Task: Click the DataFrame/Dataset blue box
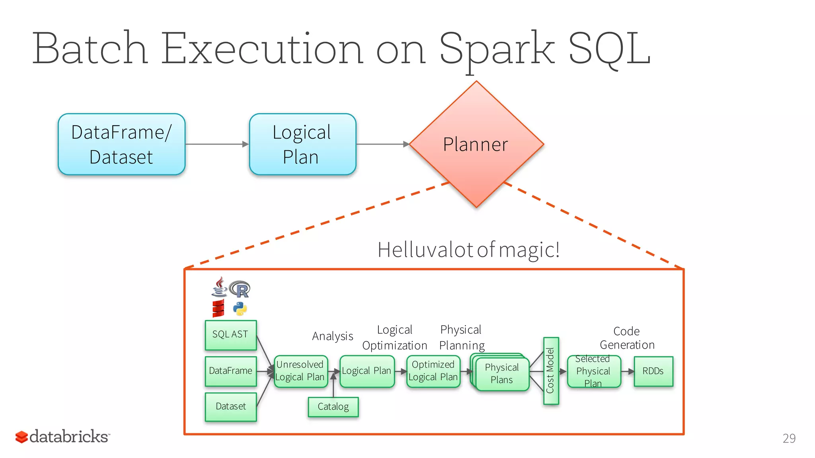[121, 144]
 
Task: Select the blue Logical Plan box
[302, 144]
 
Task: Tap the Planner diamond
[476, 144]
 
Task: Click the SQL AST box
[230, 335]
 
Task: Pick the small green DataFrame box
[230, 371]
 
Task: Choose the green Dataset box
[230, 406]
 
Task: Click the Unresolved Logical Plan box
[300, 371]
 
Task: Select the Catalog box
[333, 407]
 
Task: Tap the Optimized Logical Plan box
[433, 371]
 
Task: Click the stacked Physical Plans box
[501, 374]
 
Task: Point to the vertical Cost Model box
[551, 371]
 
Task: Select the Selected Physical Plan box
[593, 371]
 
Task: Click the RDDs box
[653, 371]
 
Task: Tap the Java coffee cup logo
[219, 287]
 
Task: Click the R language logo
[240, 289]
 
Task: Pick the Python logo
[240, 309]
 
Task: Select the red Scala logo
[218, 309]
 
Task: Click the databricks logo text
[68, 437]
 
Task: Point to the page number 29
[789, 438]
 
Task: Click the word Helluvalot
[425, 250]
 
